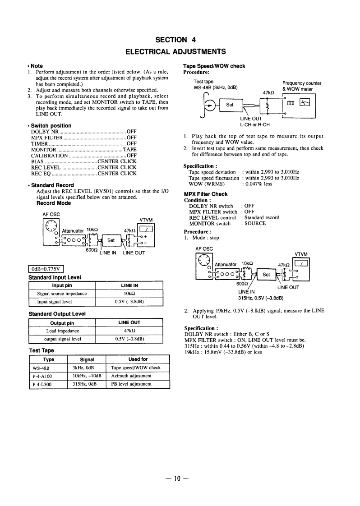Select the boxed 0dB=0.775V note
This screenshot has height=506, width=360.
(x=47, y=270)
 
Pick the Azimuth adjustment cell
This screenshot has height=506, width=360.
(x=131, y=376)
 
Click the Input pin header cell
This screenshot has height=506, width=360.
(x=62, y=285)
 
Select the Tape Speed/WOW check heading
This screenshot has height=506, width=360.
(x=214, y=66)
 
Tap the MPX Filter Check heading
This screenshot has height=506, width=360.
(x=206, y=194)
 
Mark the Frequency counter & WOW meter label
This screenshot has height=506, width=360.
(x=301, y=86)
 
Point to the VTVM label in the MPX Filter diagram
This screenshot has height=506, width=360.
(x=301, y=253)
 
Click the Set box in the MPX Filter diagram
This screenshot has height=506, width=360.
(x=266, y=274)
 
